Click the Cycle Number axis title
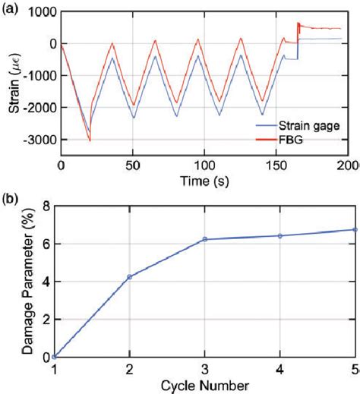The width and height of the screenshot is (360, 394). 204,386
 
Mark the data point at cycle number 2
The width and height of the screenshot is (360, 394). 130,277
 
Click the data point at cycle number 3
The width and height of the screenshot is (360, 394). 205,239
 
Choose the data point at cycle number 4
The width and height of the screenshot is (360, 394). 280,235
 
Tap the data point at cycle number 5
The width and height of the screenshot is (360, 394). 355,229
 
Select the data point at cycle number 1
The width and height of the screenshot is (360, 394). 55,357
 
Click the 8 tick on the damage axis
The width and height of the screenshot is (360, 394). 47,206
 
